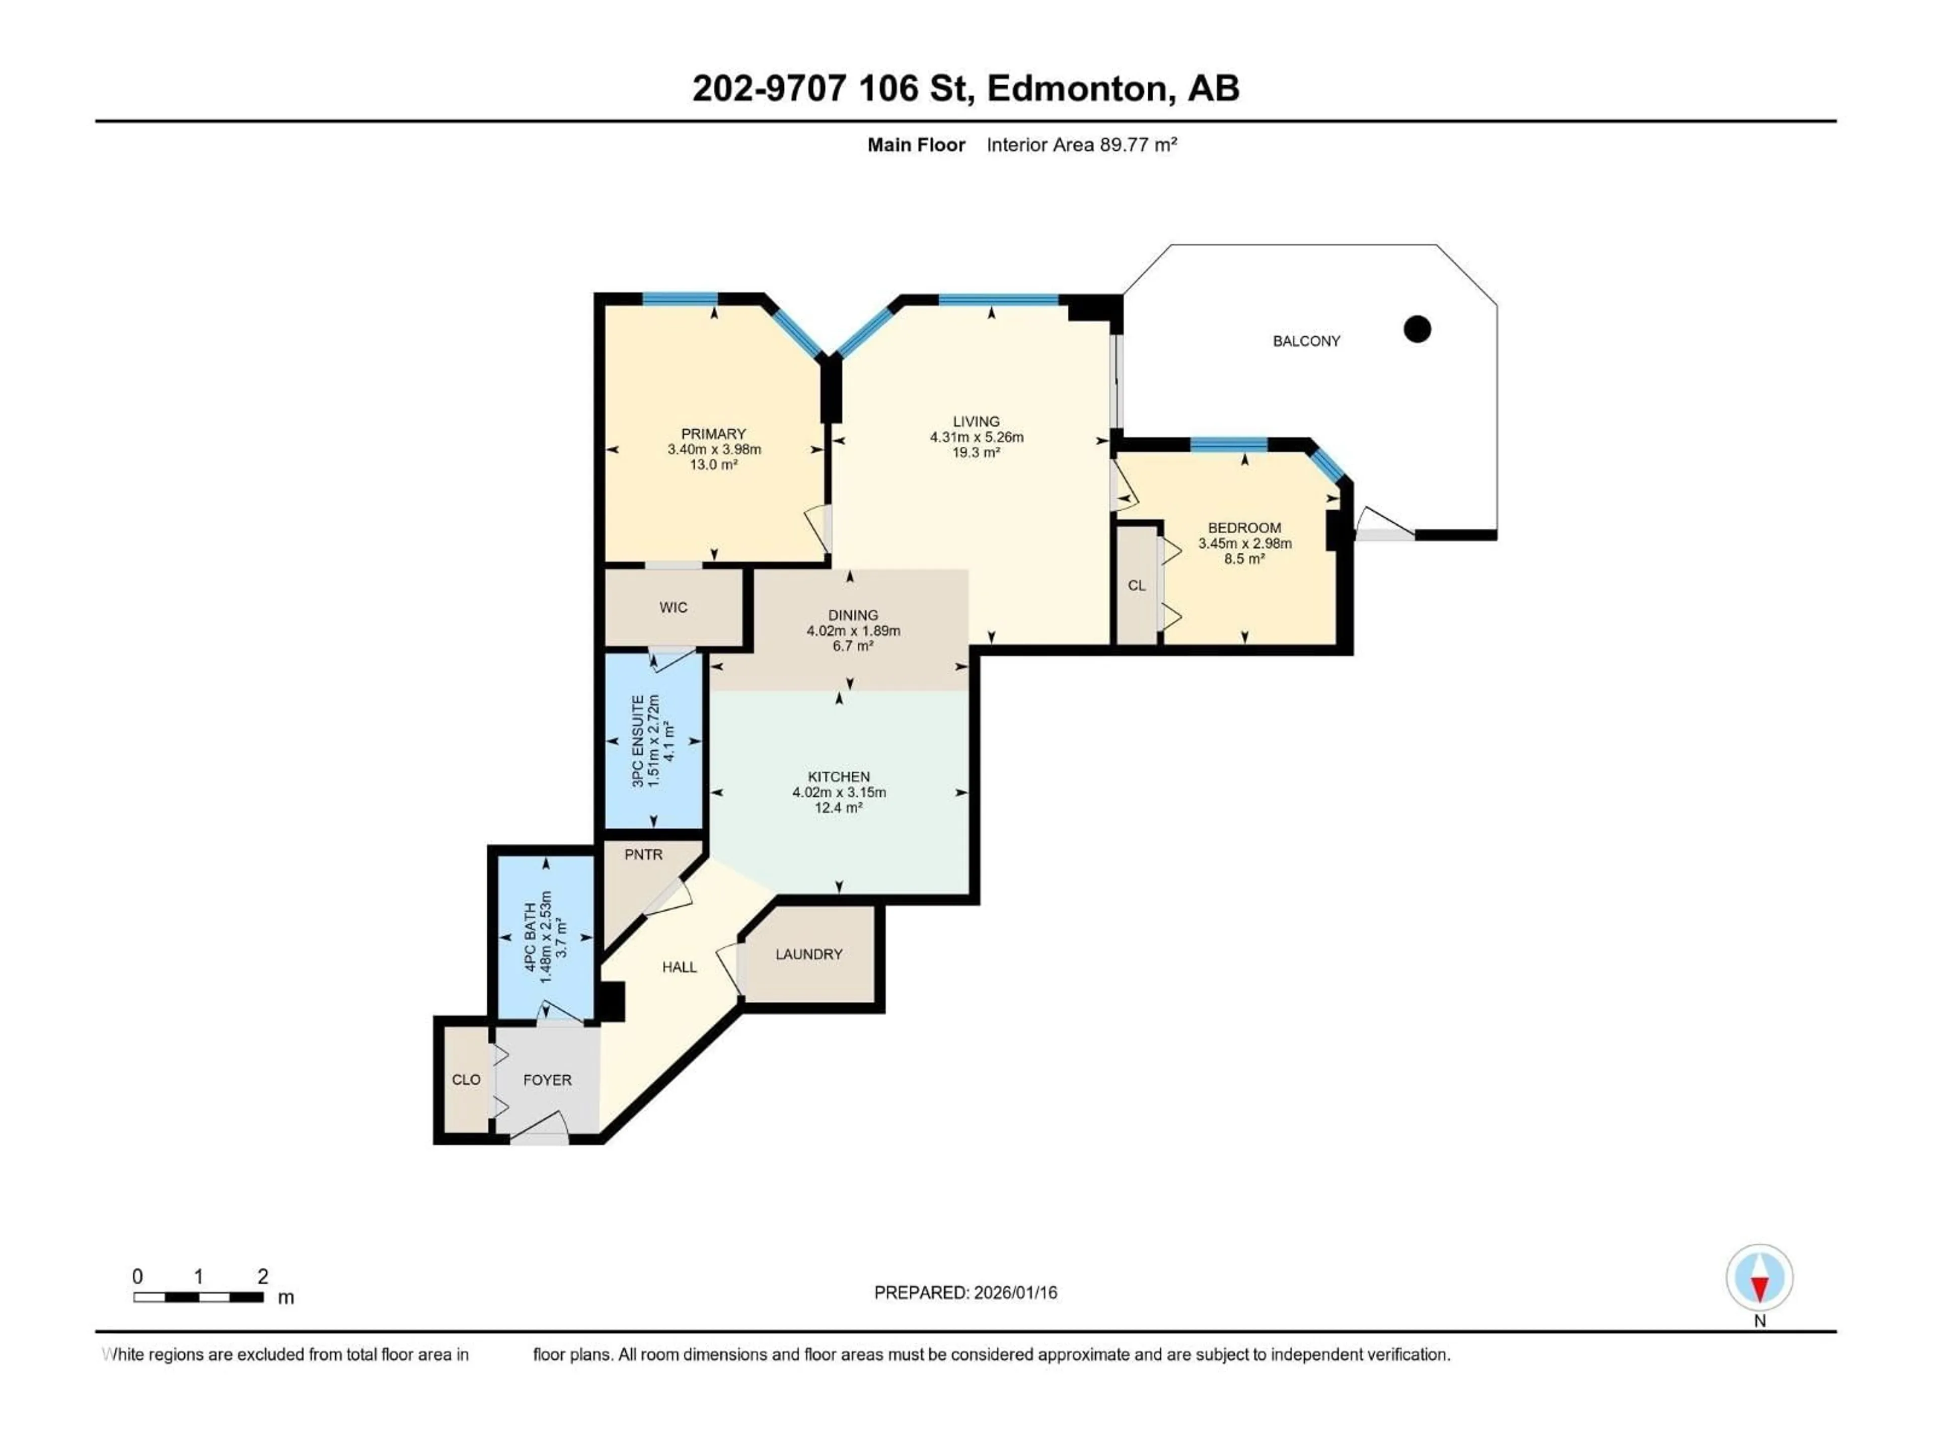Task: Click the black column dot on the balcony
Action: [1417, 329]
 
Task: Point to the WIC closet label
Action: [673, 608]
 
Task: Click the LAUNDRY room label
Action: [808, 954]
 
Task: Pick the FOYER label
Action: [547, 1080]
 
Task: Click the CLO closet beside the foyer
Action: [466, 1080]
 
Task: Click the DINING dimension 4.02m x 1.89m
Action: [853, 630]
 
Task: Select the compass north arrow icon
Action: [1759, 1278]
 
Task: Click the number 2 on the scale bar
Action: [262, 1276]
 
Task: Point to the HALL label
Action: [679, 967]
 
